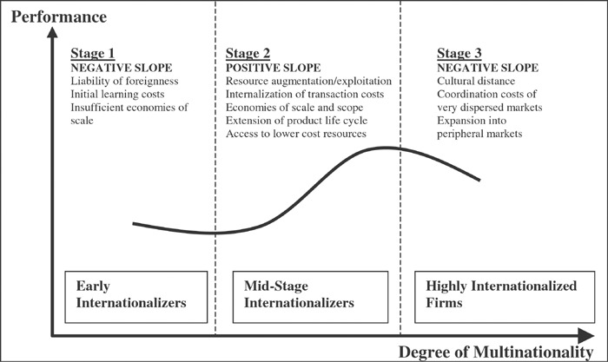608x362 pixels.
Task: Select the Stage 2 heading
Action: (249, 53)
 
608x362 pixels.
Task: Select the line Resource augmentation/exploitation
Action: (305, 81)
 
